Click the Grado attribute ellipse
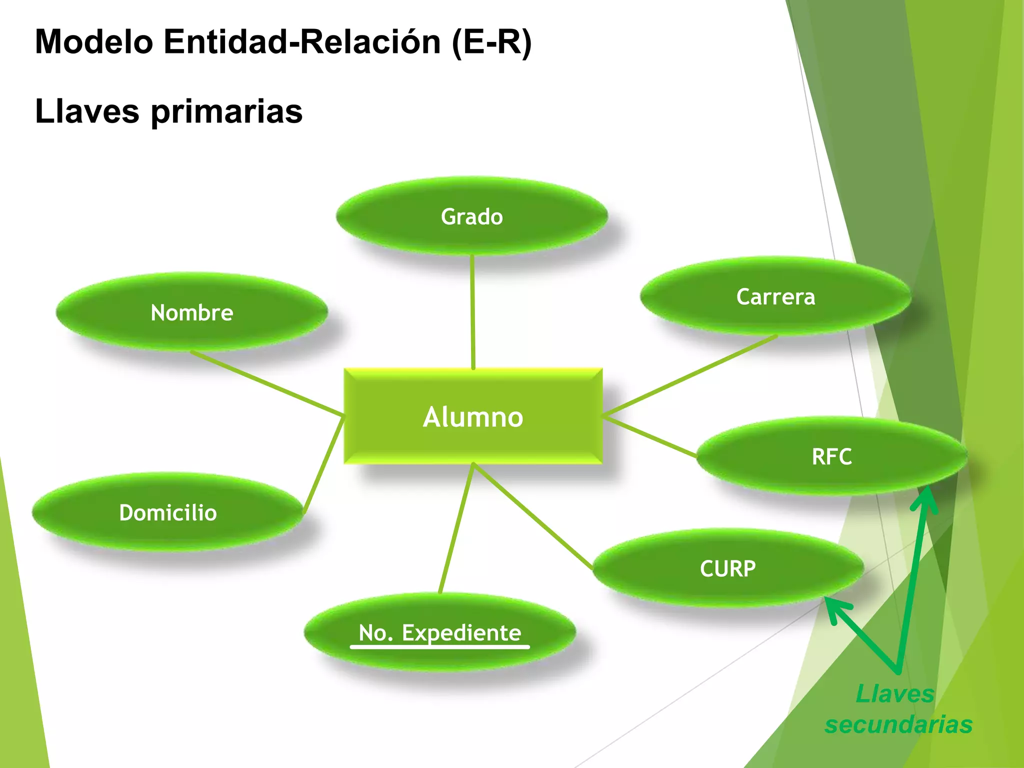472,216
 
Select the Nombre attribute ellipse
192,312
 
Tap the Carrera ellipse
775,296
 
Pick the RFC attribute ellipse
831,456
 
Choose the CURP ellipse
728,568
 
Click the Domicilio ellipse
168,512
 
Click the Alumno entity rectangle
473,416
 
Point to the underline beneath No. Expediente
439,647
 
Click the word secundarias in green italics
898,724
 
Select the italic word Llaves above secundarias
895,693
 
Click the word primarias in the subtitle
226,111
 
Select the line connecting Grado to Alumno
472,312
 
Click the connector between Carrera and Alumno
690,376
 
